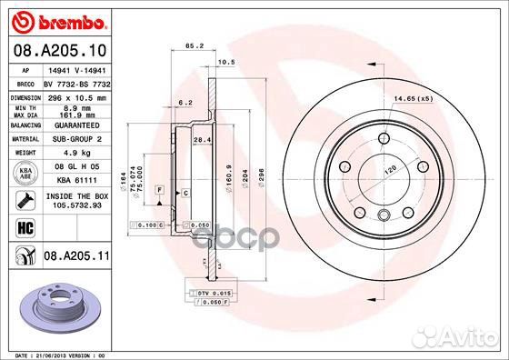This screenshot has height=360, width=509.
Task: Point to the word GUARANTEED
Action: click(x=80, y=125)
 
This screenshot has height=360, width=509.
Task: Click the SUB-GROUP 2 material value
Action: click(x=80, y=139)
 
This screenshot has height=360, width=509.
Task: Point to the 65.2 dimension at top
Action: click(x=193, y=45)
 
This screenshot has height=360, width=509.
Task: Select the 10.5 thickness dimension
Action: click(x=228, y=63)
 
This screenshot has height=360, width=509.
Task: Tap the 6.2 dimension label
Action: click(x=185, y=103)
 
